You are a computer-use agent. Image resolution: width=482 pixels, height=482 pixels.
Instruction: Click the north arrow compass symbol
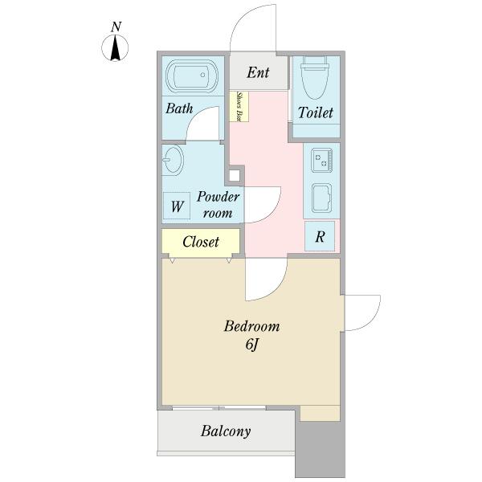(x=115, y=48)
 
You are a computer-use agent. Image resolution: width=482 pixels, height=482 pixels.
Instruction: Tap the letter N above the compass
(x=116, y=27)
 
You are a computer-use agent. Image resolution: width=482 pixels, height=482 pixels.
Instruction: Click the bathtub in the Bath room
(x=192, y=76)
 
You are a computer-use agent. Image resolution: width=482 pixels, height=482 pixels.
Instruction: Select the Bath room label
(x=179, y=108)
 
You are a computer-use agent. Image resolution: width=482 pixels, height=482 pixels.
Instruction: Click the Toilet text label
(x=316, y=112)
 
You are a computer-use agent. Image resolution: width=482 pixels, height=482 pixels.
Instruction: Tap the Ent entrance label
(x=258, y=73)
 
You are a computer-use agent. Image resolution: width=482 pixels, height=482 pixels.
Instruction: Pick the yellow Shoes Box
(x=239, y=106)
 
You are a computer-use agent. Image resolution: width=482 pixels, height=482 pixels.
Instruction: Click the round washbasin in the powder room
(x=173, y=160)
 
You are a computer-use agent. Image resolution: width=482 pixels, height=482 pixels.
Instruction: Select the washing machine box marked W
(x=177, y=206)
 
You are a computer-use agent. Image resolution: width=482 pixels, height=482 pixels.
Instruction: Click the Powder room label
(x=218, y=205)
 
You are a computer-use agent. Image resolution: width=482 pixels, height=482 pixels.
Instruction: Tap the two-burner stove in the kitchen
(x=321, y=160)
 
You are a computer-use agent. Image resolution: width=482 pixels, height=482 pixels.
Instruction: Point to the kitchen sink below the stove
(x=321, y=198)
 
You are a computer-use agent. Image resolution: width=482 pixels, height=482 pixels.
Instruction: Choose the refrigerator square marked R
(x=320, y=236)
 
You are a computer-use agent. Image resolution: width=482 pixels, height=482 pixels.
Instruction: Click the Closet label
(x=201, y=242)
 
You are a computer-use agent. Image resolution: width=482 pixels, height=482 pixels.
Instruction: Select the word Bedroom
(x=251, y=326)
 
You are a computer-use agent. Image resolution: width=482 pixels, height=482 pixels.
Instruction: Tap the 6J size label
(x=251, y=345)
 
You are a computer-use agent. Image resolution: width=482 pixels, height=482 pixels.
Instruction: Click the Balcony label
(x=226, y=431)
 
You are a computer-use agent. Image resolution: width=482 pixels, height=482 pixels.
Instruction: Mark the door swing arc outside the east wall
(x=374, y=318)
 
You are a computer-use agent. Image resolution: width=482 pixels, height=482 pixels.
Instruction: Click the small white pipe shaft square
(x=235, y=175)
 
